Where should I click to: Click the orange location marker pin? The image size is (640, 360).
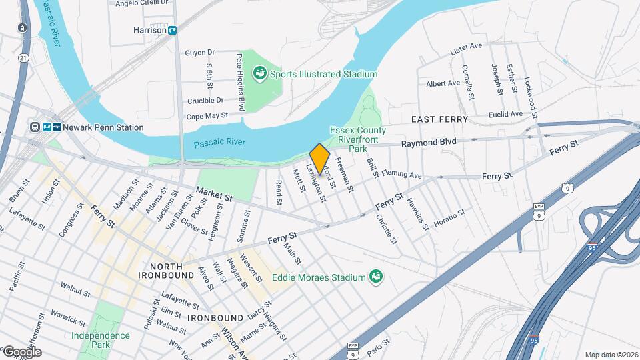pos(319,159)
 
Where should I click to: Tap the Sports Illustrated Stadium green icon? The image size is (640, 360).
pos(260,73)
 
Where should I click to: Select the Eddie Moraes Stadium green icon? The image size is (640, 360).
pos(377,277)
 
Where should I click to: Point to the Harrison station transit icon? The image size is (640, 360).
pos(172,30)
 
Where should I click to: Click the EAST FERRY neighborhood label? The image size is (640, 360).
pos(439,119)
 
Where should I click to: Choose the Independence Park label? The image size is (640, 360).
pos(100,341)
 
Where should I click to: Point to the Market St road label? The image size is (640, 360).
pos(213,194)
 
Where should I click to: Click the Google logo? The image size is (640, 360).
pos(21,352)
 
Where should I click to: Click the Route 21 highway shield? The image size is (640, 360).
pos(24,58)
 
